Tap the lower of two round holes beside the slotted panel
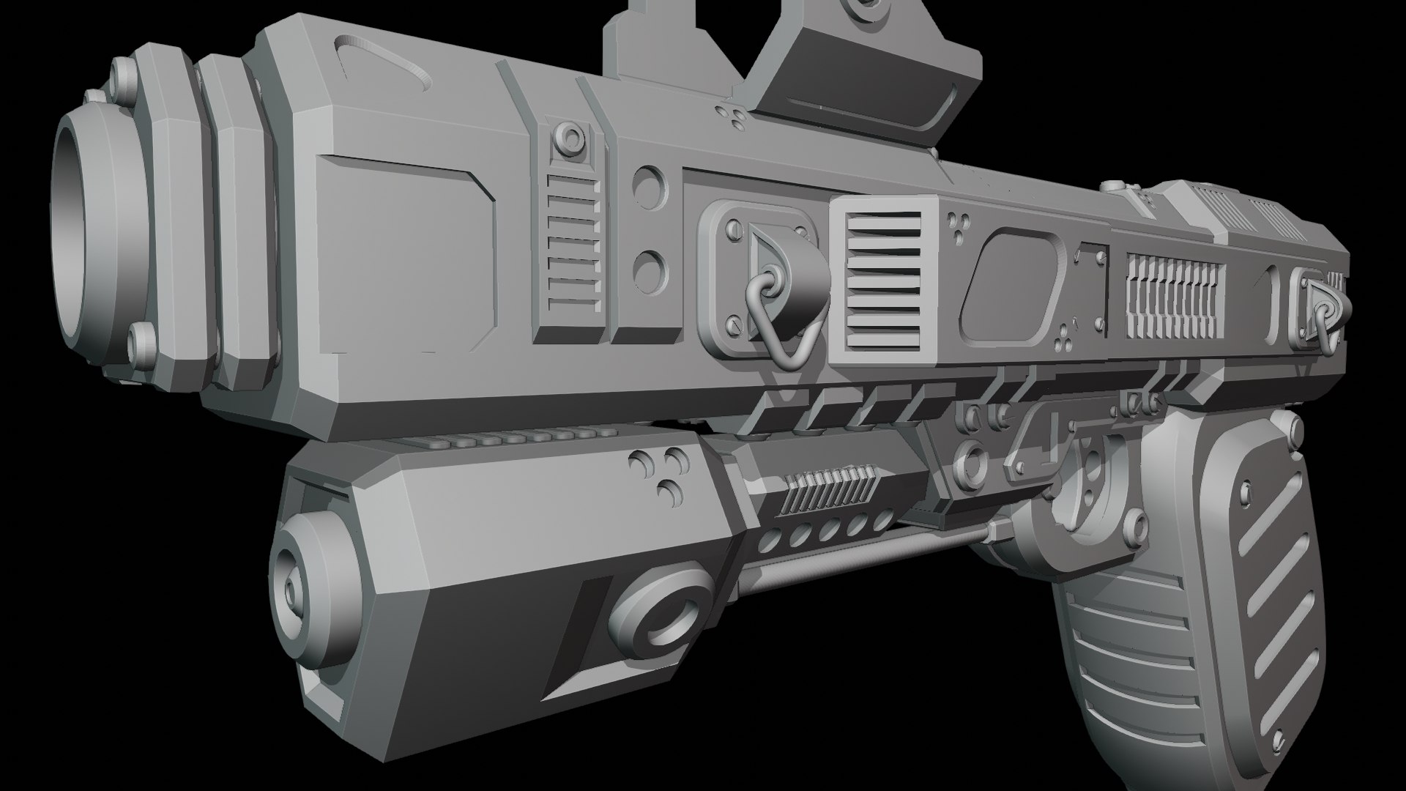point(647,270)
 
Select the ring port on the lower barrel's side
point(658,613)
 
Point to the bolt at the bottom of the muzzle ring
point(141,340)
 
